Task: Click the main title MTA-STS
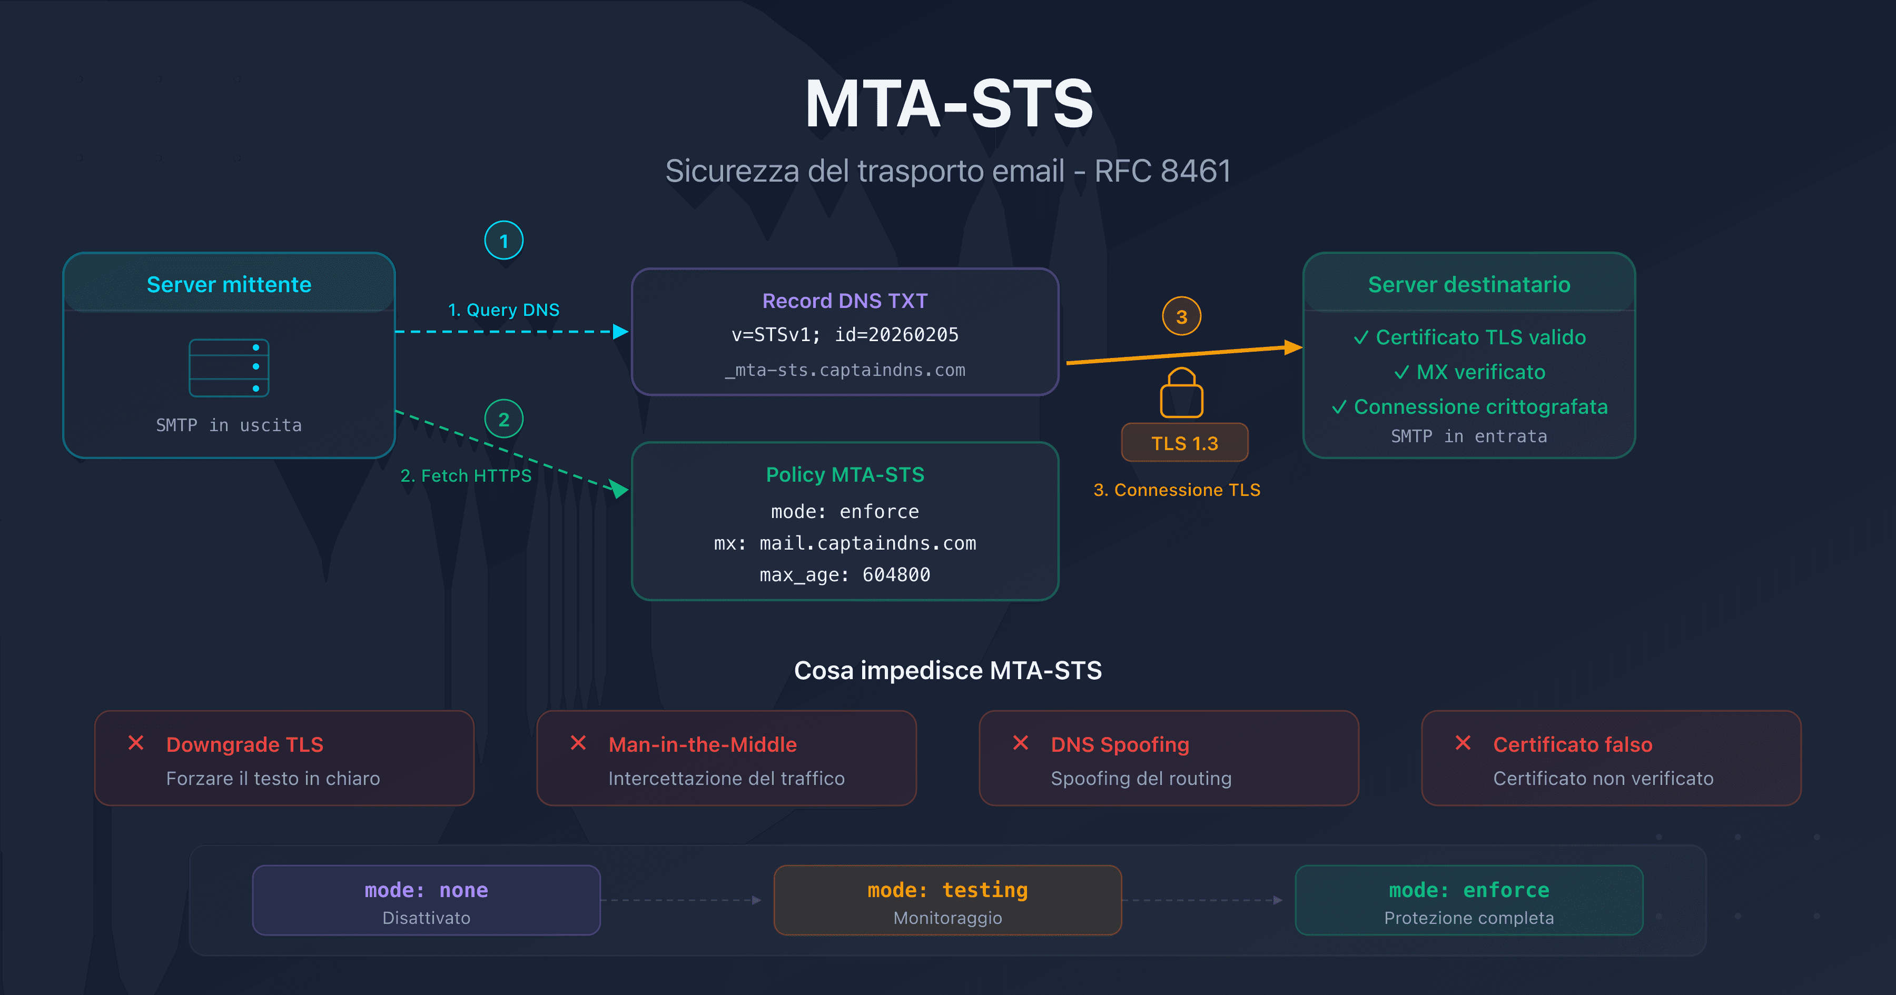(948, 105)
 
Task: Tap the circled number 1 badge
(503, 241)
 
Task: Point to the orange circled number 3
(1181, 316)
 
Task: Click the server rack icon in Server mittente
(229, 368)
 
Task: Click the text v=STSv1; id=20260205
(844, 335)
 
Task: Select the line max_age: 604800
(844, 575)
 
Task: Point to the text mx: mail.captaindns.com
(844, 543)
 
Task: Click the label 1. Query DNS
(503, 310)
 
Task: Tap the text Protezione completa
(1468, 918)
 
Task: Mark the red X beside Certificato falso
(1463, 743)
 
